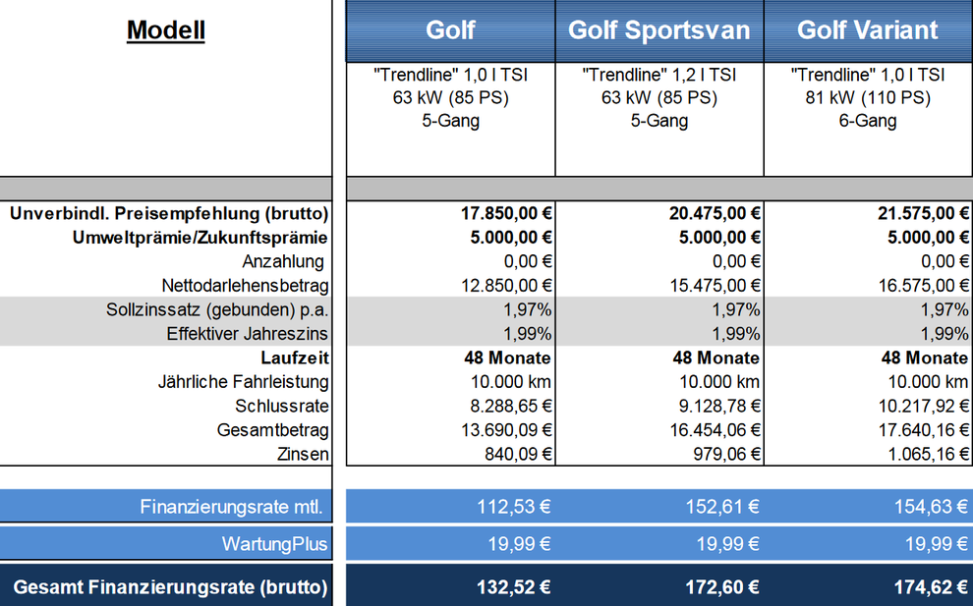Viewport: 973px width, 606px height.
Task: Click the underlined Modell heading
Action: point(166,29)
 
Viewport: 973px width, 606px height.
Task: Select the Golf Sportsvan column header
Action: point(659,29)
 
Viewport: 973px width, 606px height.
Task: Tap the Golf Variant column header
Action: point(868,29)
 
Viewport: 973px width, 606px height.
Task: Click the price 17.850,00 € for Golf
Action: point(506,213)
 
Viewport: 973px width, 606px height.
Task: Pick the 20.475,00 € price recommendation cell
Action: point(715,213)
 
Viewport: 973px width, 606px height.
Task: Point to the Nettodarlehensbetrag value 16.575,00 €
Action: point(923,286)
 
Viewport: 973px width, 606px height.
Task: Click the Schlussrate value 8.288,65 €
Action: point(511,406)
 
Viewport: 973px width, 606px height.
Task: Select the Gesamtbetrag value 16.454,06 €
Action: point(715,430)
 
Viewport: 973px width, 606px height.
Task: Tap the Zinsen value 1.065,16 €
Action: point(929,454)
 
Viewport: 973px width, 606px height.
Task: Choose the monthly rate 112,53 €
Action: point(513,507)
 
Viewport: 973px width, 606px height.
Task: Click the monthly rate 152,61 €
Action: point(722,507)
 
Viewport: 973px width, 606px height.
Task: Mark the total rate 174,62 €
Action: point(931,587)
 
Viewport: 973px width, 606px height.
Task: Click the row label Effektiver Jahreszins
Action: point(247,334)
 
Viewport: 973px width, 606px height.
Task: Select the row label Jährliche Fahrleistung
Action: point(244,382)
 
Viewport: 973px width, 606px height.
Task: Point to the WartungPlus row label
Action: point(274,544)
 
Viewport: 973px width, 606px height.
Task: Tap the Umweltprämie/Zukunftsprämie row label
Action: point(200,238)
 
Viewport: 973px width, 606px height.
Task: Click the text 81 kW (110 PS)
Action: point(868,97)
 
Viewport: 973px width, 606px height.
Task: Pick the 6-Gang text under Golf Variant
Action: point(868,121)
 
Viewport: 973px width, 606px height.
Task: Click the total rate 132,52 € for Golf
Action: point(513,587)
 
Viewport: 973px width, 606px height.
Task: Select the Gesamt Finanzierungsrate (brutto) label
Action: point(171,587)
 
